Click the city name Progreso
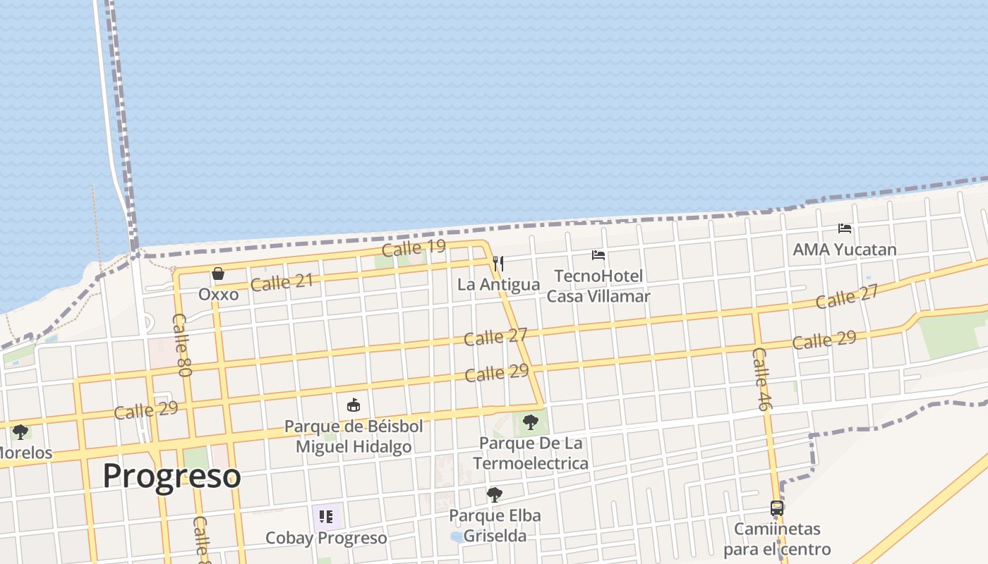tap(171, 477)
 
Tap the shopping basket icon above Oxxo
tap(218, 274)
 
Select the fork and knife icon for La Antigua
tap(498, 264)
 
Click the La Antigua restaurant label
tap(498, 285)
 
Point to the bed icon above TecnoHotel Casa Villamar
tap(598, 255)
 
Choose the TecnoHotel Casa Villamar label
tap(598, 286)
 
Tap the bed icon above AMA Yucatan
tap(844, 228)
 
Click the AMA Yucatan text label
tap(844, 250)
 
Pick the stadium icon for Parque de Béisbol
tap(354, 405)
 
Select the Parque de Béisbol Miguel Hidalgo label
tap(354, 436)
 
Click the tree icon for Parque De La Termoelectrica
tap(530, 422)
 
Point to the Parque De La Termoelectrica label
tap(531, 453)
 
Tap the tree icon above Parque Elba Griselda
tap(495, 495)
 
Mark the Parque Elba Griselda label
tap(495, 526)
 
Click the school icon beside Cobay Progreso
tap(325, 517)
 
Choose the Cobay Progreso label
tap(326, 539)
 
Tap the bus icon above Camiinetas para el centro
tap(777, 508)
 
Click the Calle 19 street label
tap(414, 248)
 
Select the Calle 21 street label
tap(282, 283)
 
